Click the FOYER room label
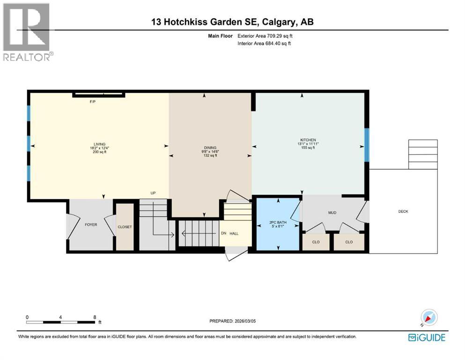[x=91, y=225]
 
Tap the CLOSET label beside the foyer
[x=125, y=227]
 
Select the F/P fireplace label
[x=93, y=102]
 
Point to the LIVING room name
[x=99, y=144]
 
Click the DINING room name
[x=210, y=148]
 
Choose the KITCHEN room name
[x=308, y=140]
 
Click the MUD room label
[x=332, y=213]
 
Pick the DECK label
[x=403, y=211]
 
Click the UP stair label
[x=153, y=193]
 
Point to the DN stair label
[x=224, y=232]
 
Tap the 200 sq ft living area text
[x=99, y=152]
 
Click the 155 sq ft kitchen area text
[x=308, y=148]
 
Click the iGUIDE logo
[x=426, y=337]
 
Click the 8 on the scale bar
[x=95, y=317]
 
